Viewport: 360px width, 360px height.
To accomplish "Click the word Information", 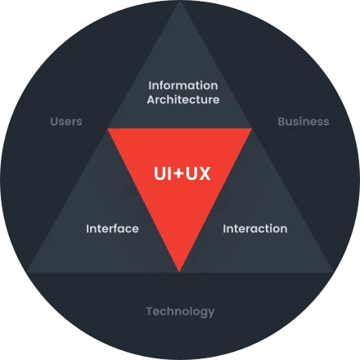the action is pyautogui.click(x=183, y=85).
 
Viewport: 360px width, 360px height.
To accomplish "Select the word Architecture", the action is pyautogui.click(x=183, y=99).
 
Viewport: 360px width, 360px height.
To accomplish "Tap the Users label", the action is pyautogui.click(x=66, y=121).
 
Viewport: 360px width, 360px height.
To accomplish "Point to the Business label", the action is pyautogui.click(x=304, y=121).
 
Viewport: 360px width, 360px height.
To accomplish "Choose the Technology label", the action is pyautogui.click(x=180, y=312).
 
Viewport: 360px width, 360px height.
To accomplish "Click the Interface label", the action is pyautogui.click(x=112, y=228).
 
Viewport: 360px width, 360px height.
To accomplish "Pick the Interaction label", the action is pyautogui.click(x=255, y=228).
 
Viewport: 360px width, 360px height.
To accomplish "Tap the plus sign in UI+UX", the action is pyautogui.click(x=178, y=173).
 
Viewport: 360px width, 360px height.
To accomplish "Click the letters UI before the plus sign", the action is pyautogui.click(x=163, y=173).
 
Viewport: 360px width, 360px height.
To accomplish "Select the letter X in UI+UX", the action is pyautogui.click(x=205, y=173).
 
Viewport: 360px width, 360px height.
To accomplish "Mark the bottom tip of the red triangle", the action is pyautogui.click(x=179, y=272).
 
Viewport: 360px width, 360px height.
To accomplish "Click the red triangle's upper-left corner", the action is pyautogui.click(x=108, y=128).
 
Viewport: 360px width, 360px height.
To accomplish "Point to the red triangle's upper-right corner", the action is pyautogui.click(x=251, y=128).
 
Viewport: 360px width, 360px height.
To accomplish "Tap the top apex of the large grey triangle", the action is pyautogui.click(x=180, y=2).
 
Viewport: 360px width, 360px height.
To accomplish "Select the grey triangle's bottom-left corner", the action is pyautogui.click(x=27, y=272).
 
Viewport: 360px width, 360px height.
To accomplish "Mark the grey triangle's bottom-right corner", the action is pyautogui.click(x=333, y=272).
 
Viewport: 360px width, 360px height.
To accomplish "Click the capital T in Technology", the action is pyautogui.click(x=151, y=311).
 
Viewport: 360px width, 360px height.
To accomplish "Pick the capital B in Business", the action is pyautogui.click(x=281, y=121).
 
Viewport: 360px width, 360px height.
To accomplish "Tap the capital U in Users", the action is pyautogui.click(x=55, y=121).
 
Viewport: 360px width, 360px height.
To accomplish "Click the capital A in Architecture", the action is pyautogui.click(x=151, y=100).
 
